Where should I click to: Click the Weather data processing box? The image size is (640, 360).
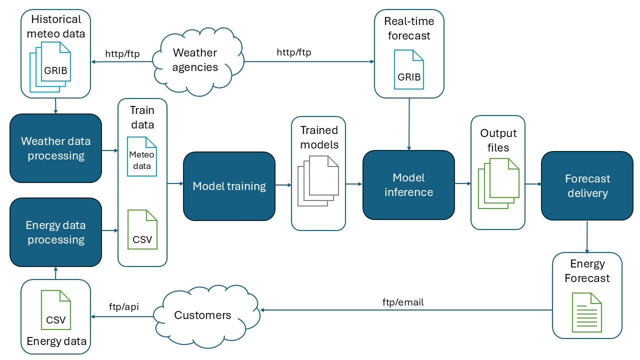click(x=55, y=148)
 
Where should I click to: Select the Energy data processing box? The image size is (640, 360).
click(x=55, y=232)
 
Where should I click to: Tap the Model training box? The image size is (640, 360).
click(x=229, y=186)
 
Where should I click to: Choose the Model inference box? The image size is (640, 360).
click(x=408, y=185)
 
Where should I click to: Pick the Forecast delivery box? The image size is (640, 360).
click(x=587, y=186)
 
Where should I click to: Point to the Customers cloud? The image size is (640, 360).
click(x=202, y=315)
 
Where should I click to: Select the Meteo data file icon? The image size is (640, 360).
click(x=142, y=156)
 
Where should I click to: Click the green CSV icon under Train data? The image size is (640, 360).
click(x=142, y=230)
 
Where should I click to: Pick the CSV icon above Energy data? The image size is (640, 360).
click(x=56, y=310)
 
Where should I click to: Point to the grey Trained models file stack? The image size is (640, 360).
click(x=318, y=180)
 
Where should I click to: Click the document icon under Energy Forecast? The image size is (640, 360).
click(x=587, y=312)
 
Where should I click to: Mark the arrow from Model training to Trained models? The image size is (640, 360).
click(x=283, y=185)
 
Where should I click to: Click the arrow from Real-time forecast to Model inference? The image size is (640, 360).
click(x=409, y=124)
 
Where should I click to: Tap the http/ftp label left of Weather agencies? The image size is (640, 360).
click(x=122, y=53)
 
